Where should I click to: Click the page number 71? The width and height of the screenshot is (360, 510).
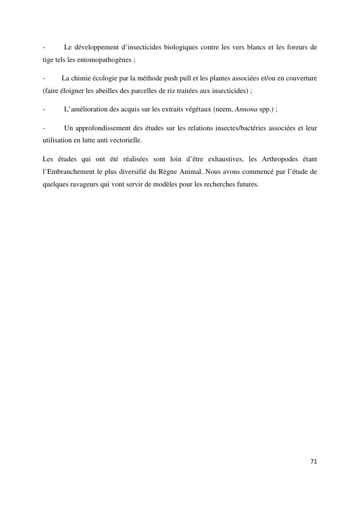pos(314,462)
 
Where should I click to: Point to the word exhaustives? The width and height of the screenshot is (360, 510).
pos(221,159)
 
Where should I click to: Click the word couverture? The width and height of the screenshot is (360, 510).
pos(299,78)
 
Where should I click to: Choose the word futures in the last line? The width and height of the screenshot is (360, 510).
pos(245,184)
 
